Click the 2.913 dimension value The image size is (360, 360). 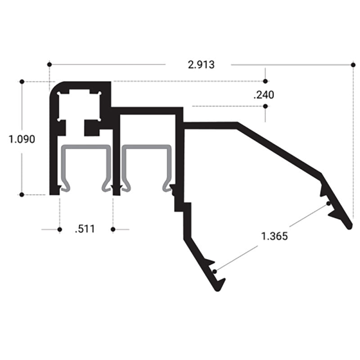pos(201,64)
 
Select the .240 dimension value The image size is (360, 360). pos(264,94)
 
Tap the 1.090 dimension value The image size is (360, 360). pos(22,139)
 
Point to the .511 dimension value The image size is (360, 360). pos(85,229)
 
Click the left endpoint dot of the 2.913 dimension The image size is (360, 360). pos(49,64)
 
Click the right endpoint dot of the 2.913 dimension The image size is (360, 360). pos(353,64)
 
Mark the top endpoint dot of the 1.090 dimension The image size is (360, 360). pos(22,81)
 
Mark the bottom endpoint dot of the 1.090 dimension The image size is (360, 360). pos(22,194)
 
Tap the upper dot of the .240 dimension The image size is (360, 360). pos(265,81)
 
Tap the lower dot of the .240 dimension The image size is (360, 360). pos(265,107)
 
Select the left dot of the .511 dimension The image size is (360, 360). pos(59,229)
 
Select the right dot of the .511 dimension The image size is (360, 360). pos(113,229)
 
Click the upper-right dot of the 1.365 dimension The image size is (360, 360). pos(329,203)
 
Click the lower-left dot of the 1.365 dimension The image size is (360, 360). pos(216,271)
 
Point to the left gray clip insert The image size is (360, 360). pos(85,148)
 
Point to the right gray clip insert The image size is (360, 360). pos(147,148)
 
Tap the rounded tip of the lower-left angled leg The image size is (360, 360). pos(218,288)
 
